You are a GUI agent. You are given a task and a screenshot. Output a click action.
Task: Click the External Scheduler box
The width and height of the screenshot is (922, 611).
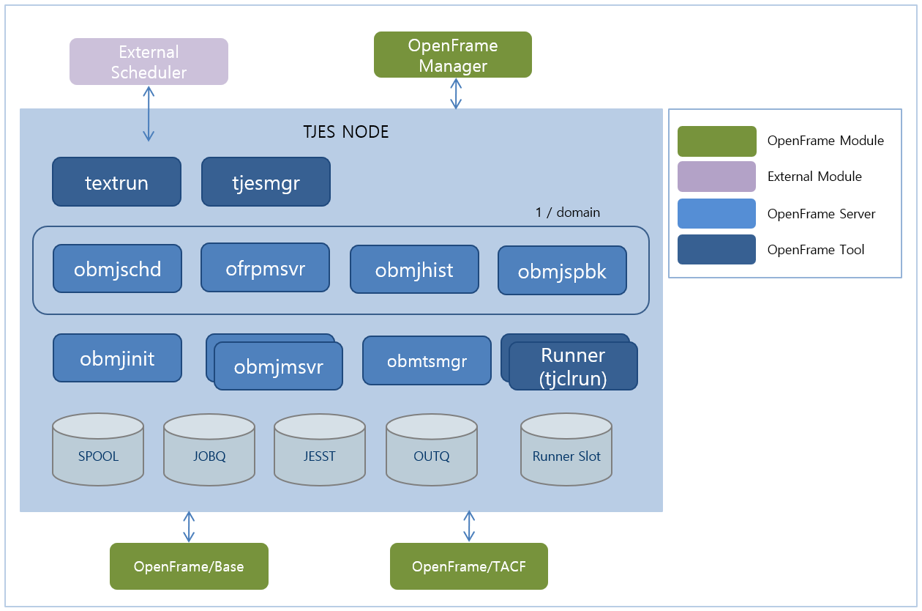(x=149, y=62)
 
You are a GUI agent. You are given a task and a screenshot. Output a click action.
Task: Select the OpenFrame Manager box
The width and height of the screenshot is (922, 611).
(x=452, y=55)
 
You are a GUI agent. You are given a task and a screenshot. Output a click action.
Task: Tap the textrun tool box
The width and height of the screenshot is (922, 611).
(x=116, y=182)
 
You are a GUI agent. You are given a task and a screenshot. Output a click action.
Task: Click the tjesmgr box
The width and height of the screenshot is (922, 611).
(x=266, y=182)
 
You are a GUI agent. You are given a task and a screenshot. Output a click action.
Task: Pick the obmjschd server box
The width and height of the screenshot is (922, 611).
(x=117, y=269)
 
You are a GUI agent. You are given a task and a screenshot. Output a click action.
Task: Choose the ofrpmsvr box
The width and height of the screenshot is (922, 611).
(x=265, y=268)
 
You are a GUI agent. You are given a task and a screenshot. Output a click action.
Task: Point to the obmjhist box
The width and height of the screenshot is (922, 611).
(x=414, y=270)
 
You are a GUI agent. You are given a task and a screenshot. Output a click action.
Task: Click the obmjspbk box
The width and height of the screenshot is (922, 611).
(x=562, y=271)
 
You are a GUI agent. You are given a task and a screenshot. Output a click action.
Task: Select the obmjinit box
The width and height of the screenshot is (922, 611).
(x=117, y=358)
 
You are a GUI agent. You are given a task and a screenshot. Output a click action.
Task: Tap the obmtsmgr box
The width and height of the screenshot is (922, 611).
(x=427, y=360)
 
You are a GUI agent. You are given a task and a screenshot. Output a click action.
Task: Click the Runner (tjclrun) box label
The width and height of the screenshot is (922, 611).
(x=573, y=366)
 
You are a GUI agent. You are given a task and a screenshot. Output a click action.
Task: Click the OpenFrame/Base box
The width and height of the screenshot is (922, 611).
(x=189, y=566)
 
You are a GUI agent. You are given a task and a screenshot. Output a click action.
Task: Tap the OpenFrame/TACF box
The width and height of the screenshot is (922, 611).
(x=469, y=566)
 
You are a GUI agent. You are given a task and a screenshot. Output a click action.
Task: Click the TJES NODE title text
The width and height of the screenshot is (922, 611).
(x=345, y=133)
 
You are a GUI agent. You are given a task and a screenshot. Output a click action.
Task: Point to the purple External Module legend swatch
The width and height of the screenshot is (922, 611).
(x=716, y=177)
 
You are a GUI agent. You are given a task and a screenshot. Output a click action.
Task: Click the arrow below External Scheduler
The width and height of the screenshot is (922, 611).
(x=149, y=113)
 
